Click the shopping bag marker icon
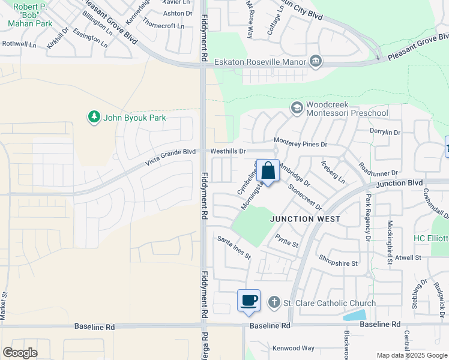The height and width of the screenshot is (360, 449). click(x=268, y=170)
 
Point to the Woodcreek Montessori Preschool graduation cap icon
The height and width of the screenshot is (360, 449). click(x=296, y=107)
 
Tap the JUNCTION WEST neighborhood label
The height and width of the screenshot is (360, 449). click(x=305, y=219)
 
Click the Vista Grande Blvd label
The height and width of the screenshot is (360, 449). click(x=171, y=157)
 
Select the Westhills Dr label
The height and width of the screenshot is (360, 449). click(x=228, y=151)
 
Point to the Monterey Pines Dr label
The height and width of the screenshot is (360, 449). click(x=300, y=144)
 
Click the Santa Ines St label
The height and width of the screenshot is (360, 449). click(x=234, y=247)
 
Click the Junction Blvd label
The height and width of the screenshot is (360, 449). click(x=399, y=183)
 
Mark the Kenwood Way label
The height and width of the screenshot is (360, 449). click(x=294, y=348)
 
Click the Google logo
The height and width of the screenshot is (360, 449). click(x=20, y=353)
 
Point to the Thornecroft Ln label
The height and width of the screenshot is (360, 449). click(x=163, y=26)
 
